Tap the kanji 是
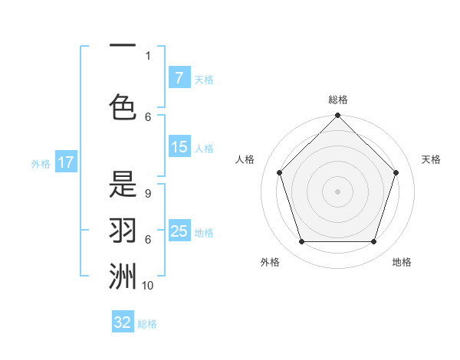123,185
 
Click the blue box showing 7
179,77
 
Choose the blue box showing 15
179,147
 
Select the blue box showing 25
179,231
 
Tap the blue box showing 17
66,162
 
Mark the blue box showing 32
123,322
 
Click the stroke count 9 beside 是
148,194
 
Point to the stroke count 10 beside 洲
148,285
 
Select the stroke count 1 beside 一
148,55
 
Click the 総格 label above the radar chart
338,100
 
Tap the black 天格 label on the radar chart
432,159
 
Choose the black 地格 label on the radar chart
402,262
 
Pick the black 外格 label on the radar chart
270,262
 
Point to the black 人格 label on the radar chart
245,159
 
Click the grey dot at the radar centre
337,191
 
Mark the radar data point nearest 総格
337,116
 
